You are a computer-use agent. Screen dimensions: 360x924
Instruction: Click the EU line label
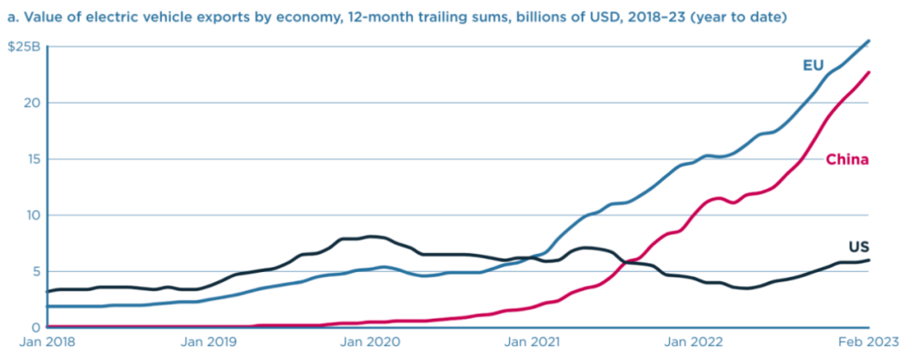(x=814, y=65)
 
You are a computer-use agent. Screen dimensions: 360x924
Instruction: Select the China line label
(x=847, y=160)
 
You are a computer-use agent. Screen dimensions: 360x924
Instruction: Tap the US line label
(x=858, y=247)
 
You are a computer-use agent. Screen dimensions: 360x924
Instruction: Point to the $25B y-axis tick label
(x=24, y=46)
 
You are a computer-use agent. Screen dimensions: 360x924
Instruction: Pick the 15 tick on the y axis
(x=33, y=159)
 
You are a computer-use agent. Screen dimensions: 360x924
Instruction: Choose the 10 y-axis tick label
(x=33, y=215)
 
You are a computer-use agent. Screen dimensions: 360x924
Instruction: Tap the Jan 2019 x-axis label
(x=210, y=342)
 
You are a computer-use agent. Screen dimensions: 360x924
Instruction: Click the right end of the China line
(x=869, y=72)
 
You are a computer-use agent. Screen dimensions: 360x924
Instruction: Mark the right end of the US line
(x=869, y=260)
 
